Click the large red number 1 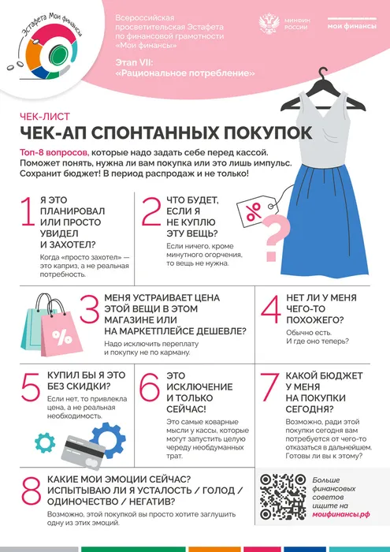coord(28,223)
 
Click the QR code coord(280,494)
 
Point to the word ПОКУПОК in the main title coord(259,132)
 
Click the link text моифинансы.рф coord(341,513)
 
